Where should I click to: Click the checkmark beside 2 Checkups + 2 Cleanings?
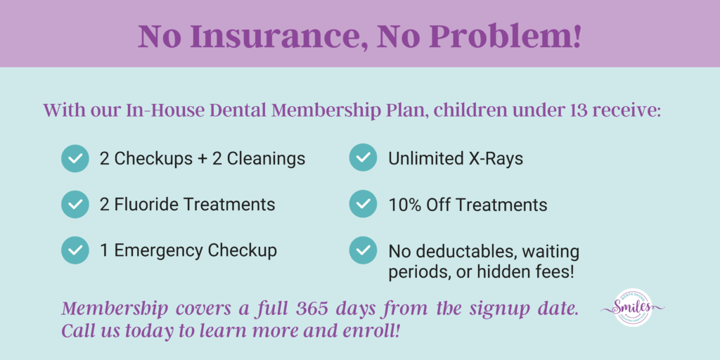point(75,158)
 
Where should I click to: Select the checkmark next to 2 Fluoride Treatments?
point(75,204)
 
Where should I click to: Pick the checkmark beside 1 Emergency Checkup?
point(75,250)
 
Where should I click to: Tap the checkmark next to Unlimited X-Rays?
point(363,158)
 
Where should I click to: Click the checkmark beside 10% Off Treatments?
point(363,205)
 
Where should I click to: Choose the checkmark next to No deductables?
point(363,250)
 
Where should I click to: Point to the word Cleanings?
point(265,158)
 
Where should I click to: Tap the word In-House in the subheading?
point(161,110)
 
